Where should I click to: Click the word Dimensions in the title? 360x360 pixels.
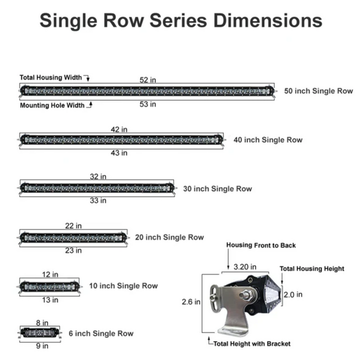point(267,20)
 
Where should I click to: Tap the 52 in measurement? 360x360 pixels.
point(147,80)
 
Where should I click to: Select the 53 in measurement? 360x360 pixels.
point(147,104)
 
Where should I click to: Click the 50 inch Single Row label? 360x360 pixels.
point(318,91)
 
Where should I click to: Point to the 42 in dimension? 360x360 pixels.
point(119,129)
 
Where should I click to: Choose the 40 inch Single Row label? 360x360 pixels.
point(267,140)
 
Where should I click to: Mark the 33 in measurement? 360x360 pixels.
point(98,200)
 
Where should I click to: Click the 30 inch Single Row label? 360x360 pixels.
point(217,188)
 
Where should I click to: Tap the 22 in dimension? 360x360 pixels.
point(73,226)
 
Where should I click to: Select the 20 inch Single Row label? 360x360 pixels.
point(169,237)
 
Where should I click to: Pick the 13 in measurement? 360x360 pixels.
point(50,299)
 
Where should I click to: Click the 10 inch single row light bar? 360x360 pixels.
point(49,286)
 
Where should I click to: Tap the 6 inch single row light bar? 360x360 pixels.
point(40,332)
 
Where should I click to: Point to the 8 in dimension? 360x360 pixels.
point(42,322)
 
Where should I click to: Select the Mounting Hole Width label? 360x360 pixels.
point(52,105)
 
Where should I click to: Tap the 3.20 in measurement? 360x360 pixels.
point(245,266)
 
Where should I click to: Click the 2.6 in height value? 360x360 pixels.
point(190,301)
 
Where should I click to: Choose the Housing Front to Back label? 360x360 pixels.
point(261,245)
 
